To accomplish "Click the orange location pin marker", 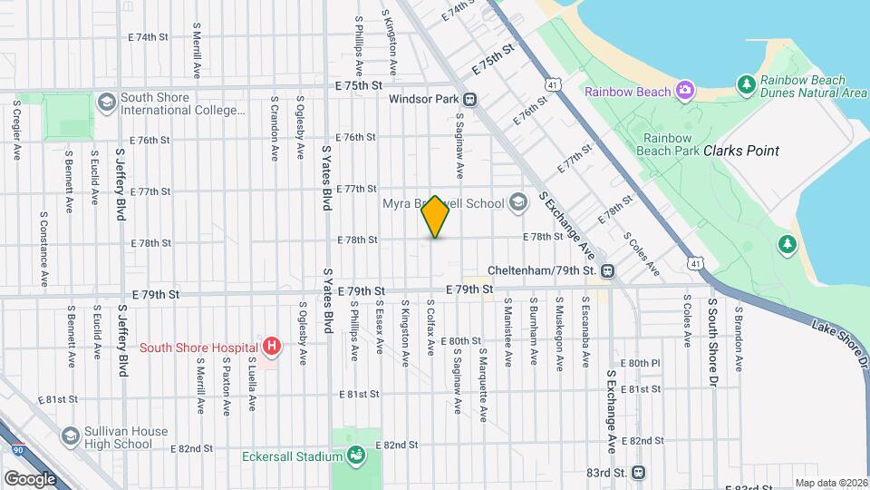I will click(436, 217).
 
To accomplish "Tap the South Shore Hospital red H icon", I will click(270, 346).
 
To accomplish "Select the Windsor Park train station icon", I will click(470, 99).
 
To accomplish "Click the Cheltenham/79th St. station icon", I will click(607, 270).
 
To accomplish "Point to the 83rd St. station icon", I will click(639, 473).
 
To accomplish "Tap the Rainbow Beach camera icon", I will click(685, 90).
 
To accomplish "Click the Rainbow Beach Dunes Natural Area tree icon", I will click(747, 84).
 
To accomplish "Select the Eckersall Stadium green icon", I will click(355, 453).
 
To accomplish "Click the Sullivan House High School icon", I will click(71, 436).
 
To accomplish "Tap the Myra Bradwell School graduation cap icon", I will click(517, 202).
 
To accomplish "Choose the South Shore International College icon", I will click(106, 100).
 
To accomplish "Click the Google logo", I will click(30, 477).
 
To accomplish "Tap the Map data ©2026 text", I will click(829, 483).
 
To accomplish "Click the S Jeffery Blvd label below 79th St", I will click(121, 340).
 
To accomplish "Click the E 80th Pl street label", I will click(643, 363).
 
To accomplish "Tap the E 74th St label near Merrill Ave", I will click(149, 37).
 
